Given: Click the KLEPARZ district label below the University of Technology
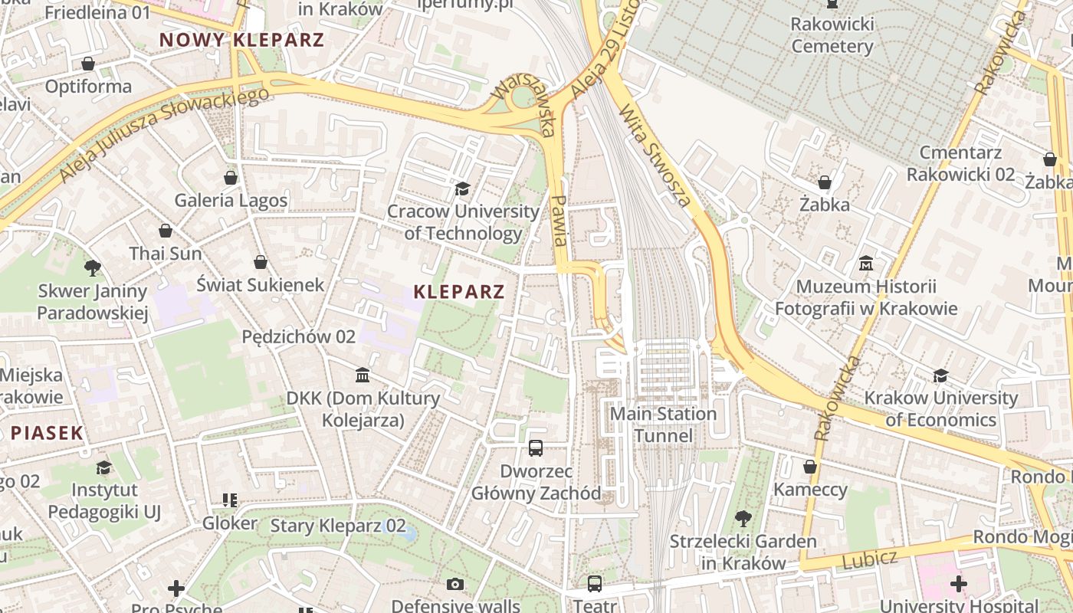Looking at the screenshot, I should point(459,291).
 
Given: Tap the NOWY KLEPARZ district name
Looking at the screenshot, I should point(241,40).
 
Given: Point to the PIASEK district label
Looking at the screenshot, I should point(47,433).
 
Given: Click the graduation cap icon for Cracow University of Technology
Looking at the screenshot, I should point(462,188).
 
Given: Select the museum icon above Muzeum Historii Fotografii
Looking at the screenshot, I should point(866,264).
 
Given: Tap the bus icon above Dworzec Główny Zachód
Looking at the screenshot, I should point(536,448).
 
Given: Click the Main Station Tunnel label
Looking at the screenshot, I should point(663,425).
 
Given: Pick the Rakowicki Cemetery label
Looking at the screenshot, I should point(832,35).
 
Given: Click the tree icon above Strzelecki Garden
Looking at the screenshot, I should point(743,519).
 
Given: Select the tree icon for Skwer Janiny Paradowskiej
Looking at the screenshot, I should point(93,268).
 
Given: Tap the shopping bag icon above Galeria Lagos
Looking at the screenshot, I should point(231,178).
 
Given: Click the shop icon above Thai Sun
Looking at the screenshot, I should point(166,231).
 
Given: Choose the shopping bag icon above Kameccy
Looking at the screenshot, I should point(810,467).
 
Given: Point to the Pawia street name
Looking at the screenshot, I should point(559,220).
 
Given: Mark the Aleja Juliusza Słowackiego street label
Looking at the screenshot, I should point(165,135).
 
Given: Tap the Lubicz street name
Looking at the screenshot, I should point(869,559).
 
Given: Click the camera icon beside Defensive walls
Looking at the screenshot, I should point(455,585).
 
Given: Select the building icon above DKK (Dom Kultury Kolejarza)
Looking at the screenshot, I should point(363,375).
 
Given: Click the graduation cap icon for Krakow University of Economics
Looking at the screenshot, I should point(940,375).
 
